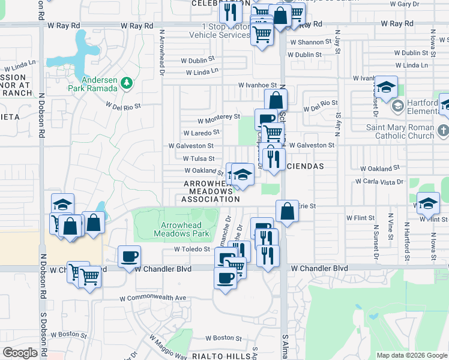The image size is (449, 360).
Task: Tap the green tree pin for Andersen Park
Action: (126, 82)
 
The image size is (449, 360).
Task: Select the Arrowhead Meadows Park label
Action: (181, 229)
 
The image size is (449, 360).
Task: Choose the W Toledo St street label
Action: (192, 249)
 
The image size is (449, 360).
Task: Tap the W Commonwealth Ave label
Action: (152, 298)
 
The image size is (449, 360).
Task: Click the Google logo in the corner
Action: (20, 353)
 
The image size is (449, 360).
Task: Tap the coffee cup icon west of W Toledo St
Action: (129, 257)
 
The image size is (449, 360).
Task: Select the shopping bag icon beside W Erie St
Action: (287, 211)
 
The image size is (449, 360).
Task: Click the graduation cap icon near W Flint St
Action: (428, 203)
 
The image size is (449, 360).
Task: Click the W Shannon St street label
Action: (310, 42)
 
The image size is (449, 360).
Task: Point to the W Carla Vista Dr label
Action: (379, 181)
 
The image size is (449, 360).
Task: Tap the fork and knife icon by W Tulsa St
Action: (273, 158)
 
